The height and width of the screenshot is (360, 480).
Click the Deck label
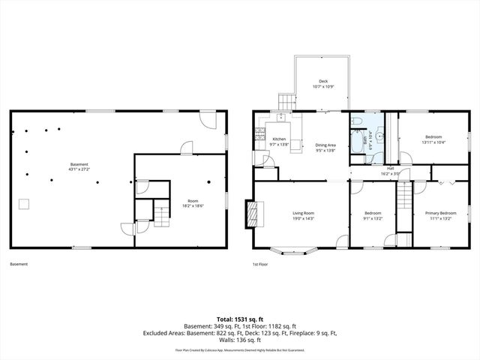(x=323, y=81)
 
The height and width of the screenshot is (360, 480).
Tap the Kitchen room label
(x=279, y=139)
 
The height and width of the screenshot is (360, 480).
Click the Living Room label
(x=303, y=213)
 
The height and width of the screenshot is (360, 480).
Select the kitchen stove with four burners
(x=259, y=136)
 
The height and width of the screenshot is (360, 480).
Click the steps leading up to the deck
(x=286, y=101)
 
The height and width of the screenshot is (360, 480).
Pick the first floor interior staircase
(x=404, y=197)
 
